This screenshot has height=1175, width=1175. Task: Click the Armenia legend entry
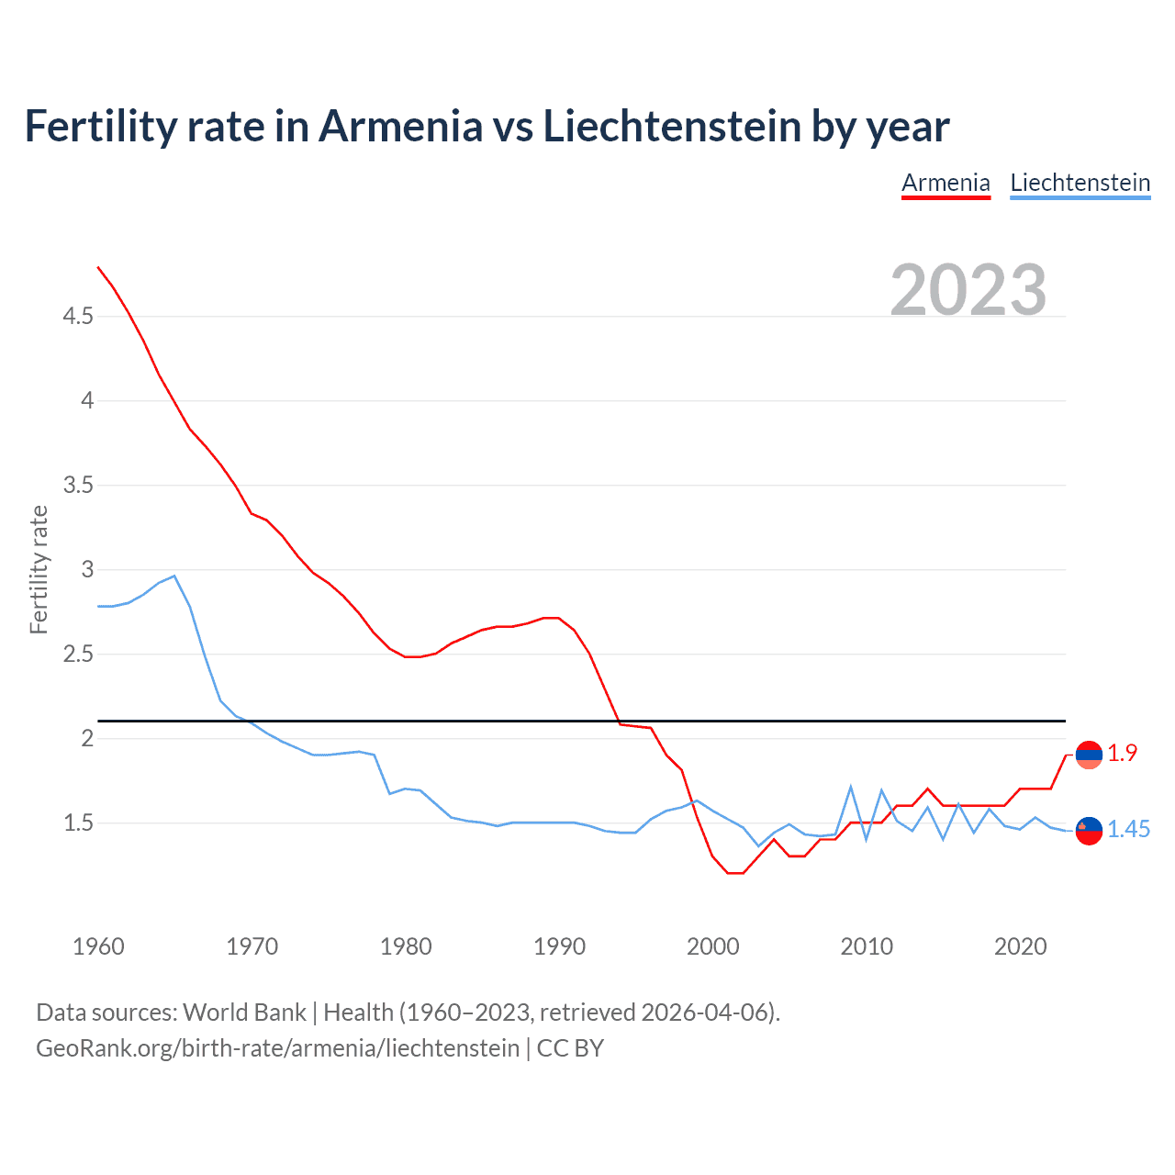click(x=946, y=184)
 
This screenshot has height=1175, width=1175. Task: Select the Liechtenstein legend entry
click(x=1080, y=184)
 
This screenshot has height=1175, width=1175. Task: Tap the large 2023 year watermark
click(x=968, y=290)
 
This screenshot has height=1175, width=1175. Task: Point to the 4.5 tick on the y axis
click(x=78, y=317)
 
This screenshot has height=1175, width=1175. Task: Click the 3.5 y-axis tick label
click(x=78, y=486)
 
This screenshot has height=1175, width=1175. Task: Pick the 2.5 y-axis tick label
click(x=78, y=655)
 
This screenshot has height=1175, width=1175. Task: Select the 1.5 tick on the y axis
click(x=78, y=823)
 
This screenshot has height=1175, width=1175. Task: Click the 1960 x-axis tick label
click(x=98, y=946)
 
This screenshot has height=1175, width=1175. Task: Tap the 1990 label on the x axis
click(x=559, y=946)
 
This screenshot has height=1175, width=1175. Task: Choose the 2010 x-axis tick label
click(x=867, y=946)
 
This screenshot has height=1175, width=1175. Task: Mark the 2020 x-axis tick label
click(x=1020, y=946)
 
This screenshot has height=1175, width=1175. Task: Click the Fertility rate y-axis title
click(x=39, y=569)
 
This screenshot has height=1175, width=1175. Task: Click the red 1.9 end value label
click(x=1122, y=753)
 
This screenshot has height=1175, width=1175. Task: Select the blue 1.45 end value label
click(x=1128, y=830)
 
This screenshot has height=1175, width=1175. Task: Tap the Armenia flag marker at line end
click(x=1089, y=755)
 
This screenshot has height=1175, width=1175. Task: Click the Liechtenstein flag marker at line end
click(x=1089, y=830)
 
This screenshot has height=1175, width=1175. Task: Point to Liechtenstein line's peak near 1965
click(x=174, y=576)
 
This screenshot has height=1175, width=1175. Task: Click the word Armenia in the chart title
click(x=400, y=127)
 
